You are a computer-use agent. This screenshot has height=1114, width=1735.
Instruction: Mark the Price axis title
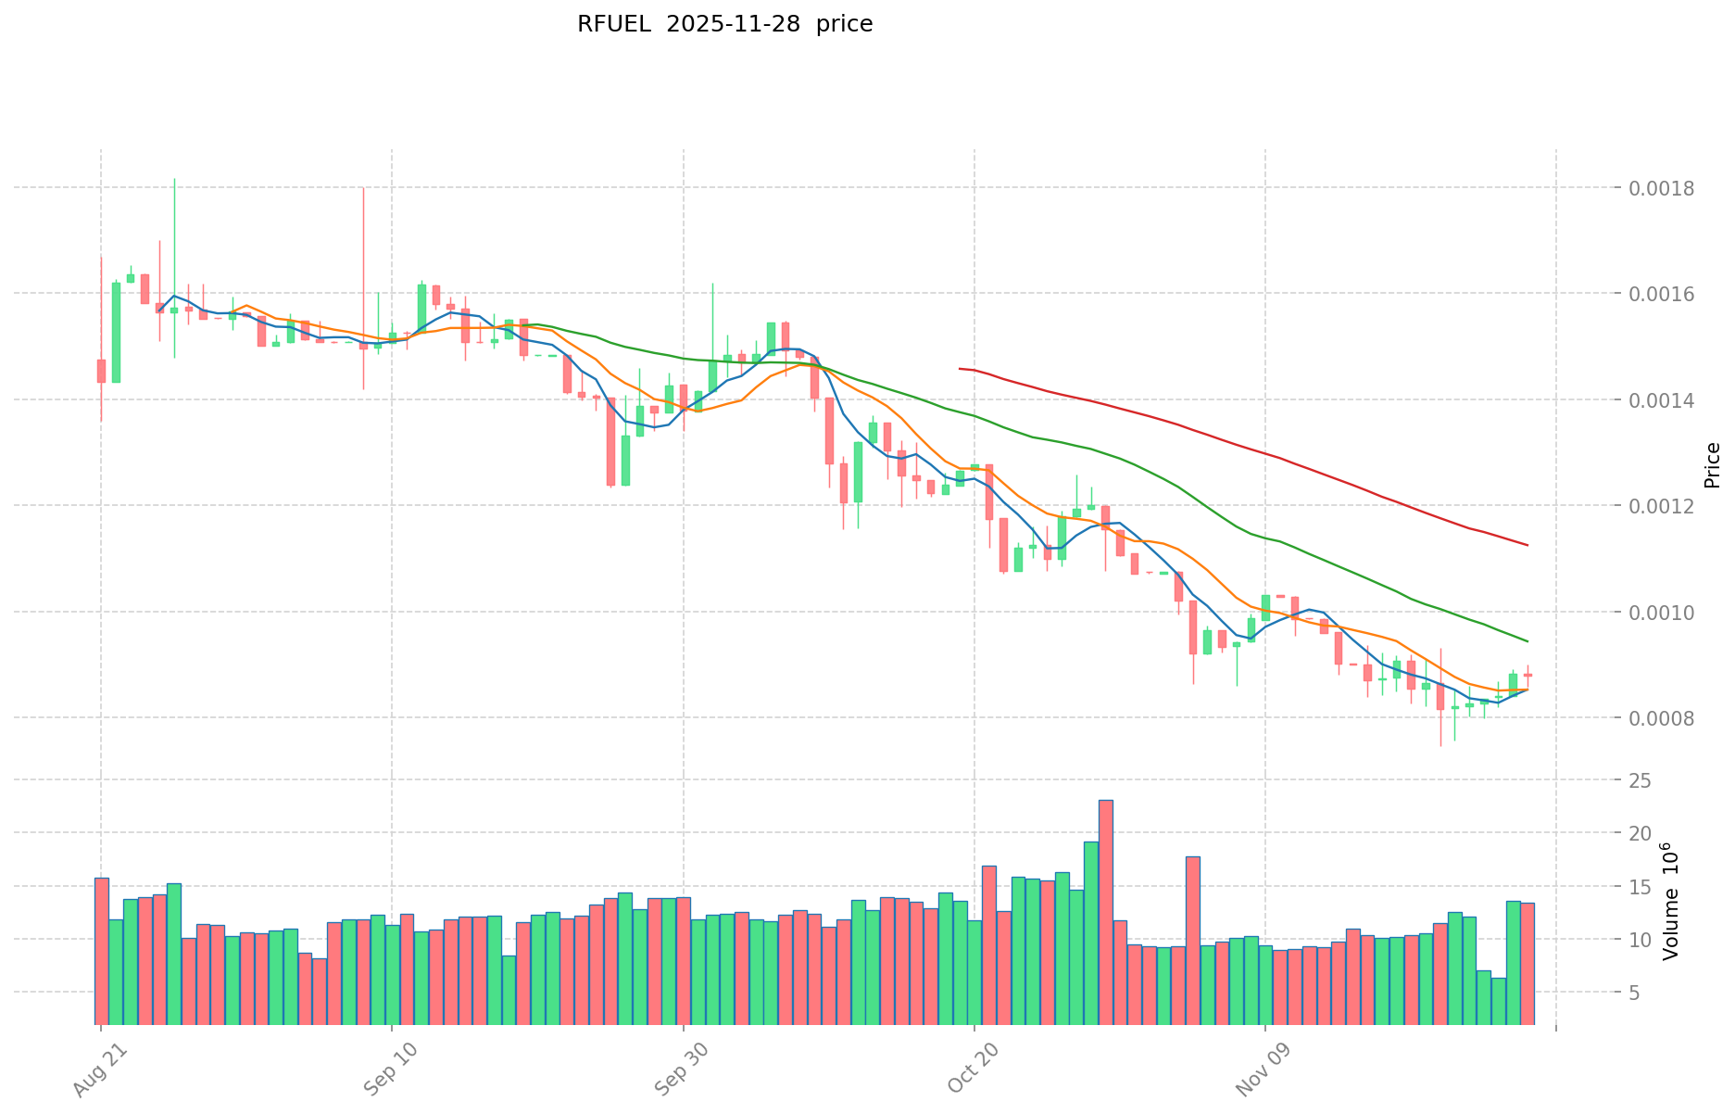pos(1712,465)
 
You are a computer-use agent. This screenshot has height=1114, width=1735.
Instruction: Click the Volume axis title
pos(1670,901)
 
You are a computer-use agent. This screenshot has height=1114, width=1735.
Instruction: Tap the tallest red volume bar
pos(1106,912)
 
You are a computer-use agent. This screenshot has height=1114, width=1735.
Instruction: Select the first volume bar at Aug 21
pos(101,951)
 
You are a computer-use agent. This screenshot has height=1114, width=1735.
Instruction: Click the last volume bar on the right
pos(1528,963)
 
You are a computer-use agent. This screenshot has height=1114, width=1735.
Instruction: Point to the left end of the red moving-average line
pos(960,369)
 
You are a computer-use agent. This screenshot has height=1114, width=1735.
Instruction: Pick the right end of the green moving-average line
pos(1527,641)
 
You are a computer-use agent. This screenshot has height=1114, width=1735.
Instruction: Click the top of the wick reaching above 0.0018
pos(174,179)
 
